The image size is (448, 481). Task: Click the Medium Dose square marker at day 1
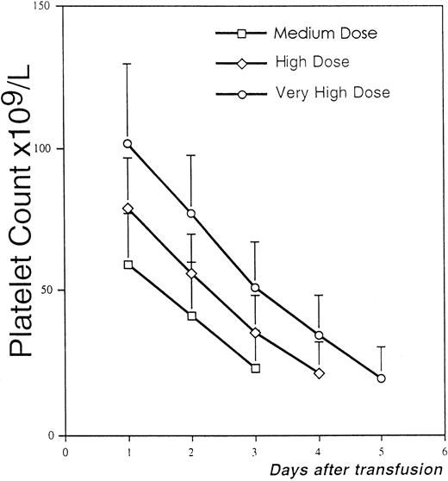128,265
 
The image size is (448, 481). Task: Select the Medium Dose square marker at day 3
256,368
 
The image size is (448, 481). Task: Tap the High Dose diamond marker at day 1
128,208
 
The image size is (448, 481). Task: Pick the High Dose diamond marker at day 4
319,373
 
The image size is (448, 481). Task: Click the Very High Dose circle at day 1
128,143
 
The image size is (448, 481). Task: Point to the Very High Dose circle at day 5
382,378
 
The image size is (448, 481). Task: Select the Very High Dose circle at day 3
256,287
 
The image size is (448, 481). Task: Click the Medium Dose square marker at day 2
192,316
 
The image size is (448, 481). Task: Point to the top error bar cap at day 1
128,63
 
